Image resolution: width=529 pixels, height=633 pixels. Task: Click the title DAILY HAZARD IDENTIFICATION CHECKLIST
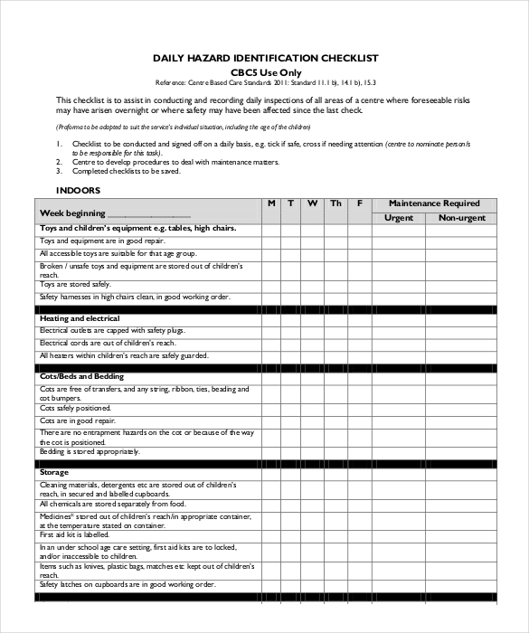pos(265,58)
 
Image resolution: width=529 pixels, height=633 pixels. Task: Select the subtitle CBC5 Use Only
pos(265,72)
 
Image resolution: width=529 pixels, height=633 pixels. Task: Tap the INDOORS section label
pos(78,191)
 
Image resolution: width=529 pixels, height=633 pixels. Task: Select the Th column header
pos(335,203)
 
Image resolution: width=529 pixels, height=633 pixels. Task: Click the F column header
pos(359,203)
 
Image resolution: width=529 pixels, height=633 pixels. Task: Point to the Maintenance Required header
pos(433,203)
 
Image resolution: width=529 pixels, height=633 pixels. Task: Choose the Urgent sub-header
pos(399,218)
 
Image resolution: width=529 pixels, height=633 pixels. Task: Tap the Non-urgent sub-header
pos(461,218)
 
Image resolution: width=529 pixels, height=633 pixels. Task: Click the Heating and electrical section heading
pos(80,319)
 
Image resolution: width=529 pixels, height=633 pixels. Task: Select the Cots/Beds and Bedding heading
pos(81,375)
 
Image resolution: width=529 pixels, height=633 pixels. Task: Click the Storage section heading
pos(55,472)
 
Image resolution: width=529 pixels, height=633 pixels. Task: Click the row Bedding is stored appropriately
pos(90,451)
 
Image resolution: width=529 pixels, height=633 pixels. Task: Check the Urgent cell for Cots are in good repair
pos(399,420)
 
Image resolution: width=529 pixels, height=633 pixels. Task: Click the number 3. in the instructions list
pos(58,170)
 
